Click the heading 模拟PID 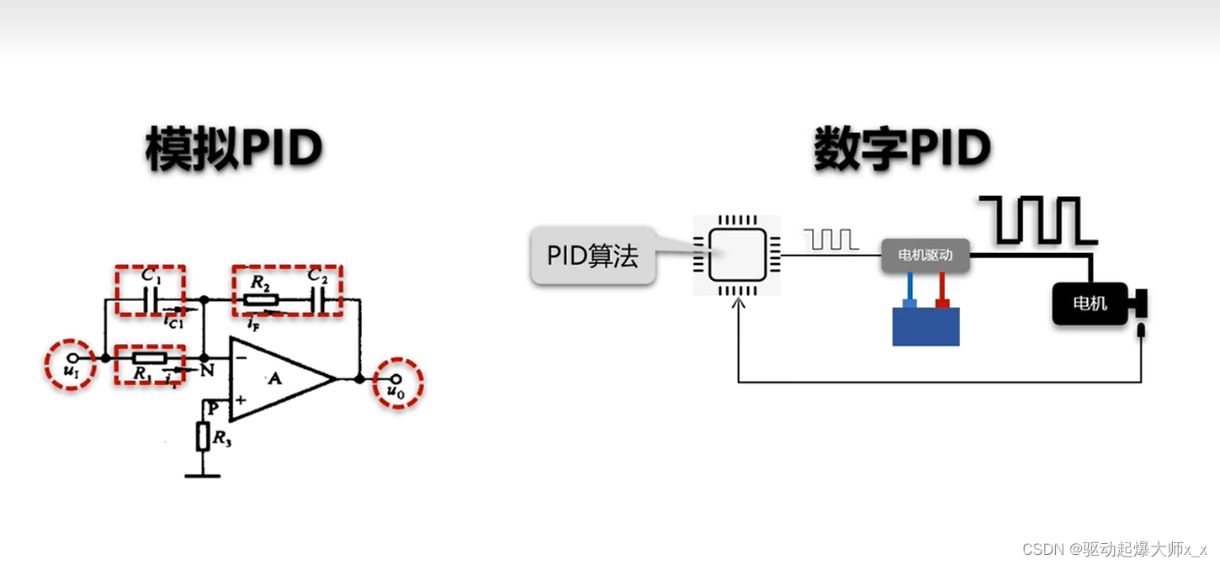coord(234,150)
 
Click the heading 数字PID coord(901,150)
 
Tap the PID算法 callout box coord(592,256)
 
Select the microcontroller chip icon coord(736,255)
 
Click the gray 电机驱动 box coord(925,256)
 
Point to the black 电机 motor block coord(1090,304)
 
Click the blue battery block coord(926,326)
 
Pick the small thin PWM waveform coord(831,240)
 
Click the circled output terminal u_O coord(397,383)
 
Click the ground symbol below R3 coord(203,475)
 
